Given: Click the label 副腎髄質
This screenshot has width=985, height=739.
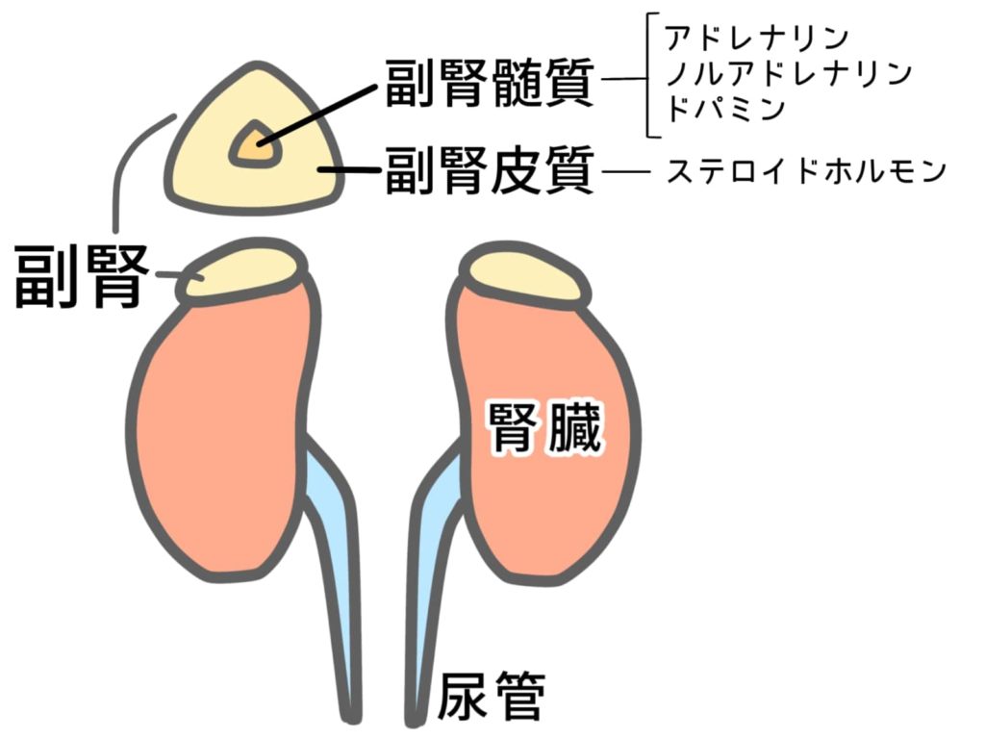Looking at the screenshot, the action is (x=490, y=84).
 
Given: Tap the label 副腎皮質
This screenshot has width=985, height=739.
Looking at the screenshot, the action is (x=490, y=170).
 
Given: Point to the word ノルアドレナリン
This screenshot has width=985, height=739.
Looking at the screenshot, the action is (x=789, y=74).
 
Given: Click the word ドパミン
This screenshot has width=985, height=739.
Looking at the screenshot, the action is (x=725, y=110).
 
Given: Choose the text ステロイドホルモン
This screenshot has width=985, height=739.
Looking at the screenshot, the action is (x=807, y=171).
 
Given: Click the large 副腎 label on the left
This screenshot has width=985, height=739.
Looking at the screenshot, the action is (x=81, y=276).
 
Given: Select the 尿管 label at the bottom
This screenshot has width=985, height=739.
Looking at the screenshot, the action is (x=491, y=696).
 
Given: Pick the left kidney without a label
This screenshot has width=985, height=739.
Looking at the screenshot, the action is (x=223, y=434).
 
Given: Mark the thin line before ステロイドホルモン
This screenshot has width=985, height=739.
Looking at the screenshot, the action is (x=625, y=171).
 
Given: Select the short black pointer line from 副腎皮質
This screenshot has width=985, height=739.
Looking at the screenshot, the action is (x=349, y=169).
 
